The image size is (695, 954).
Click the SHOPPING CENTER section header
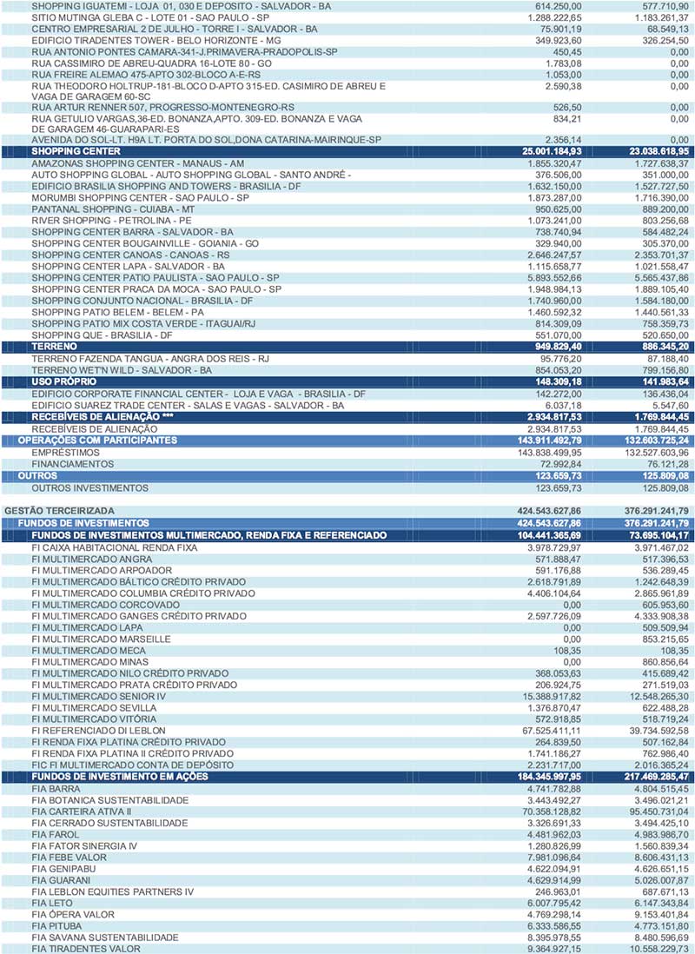click(x=76, y=151)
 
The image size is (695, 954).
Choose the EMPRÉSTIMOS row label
click(x=66, y=453)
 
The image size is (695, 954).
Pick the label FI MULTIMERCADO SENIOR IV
click(x=98, y=697)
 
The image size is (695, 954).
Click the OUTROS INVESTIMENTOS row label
click(x=90, y=488)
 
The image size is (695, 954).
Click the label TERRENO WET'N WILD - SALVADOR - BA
click(x=122, y=369)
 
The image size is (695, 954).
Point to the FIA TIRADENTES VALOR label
click(x=86, y=949)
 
